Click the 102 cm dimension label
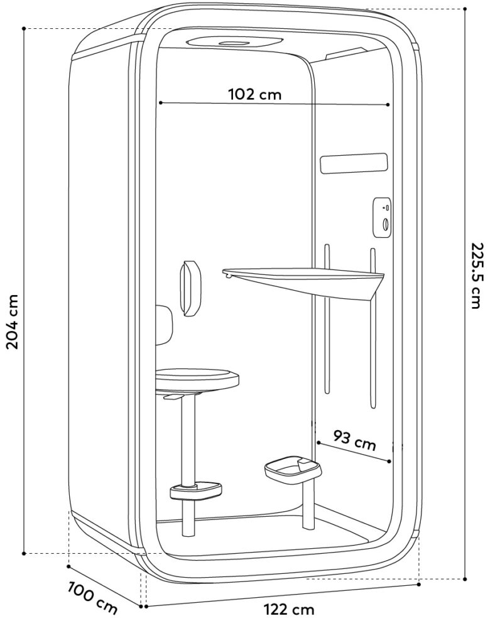(255, 94)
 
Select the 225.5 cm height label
(477, 276)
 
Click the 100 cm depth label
(93, 597)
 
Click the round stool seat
(197, 378)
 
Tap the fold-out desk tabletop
(303, 279)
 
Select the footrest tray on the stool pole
(196, 490)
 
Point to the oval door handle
(190, 289)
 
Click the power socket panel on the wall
(382, 217)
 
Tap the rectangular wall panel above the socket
(354, 164)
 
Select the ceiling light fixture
(234, 42)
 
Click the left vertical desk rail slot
(327, 319)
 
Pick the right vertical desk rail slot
(373, 328)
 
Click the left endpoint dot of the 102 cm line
(160, 102)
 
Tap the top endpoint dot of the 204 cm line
(24, 29)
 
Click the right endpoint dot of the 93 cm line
(389, 462)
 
